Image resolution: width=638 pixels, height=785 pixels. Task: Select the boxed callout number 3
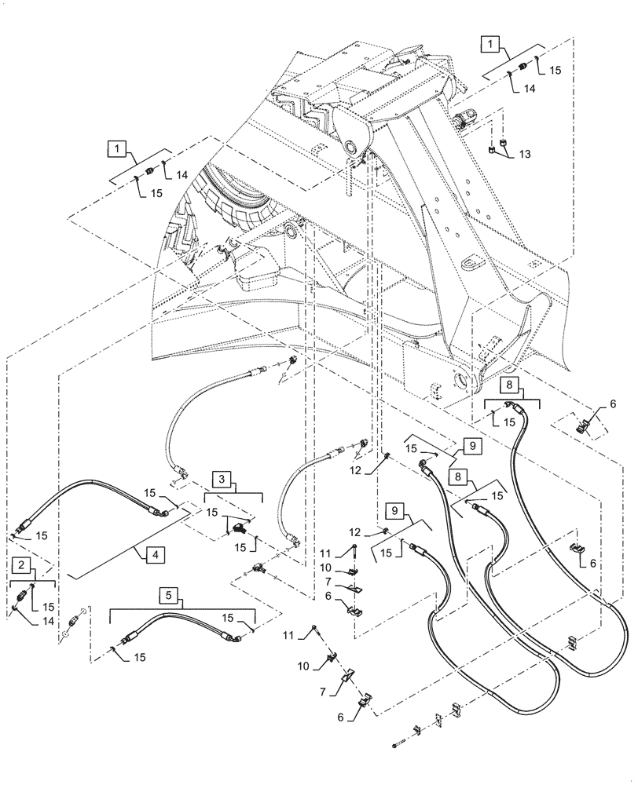click(x=223, y=478)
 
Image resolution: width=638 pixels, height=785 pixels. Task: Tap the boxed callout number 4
click(x=156, y=555)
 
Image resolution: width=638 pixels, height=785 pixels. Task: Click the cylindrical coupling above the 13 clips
click(x=463, y=119)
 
